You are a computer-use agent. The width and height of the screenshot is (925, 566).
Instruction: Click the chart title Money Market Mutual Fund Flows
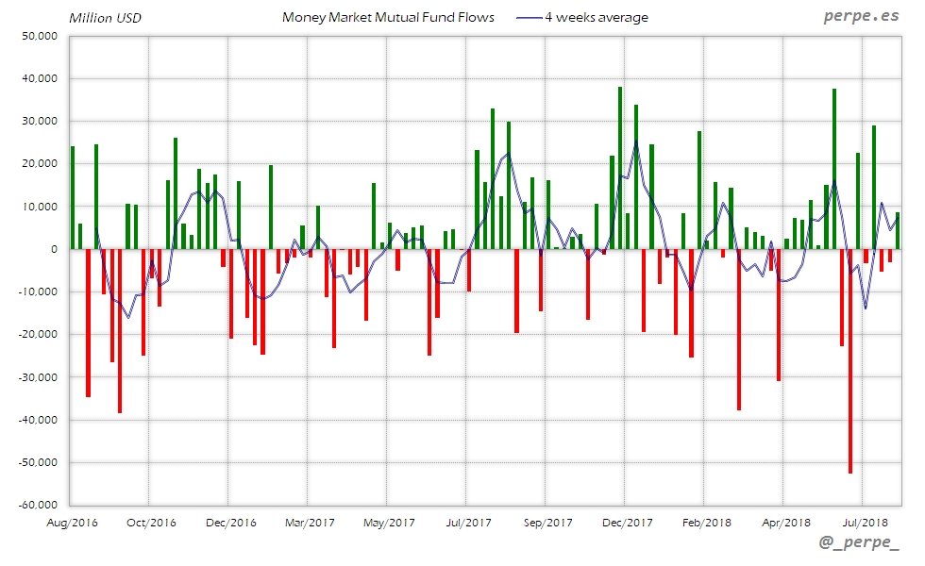(x=388, y=17)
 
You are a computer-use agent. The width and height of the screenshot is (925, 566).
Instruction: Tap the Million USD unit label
(x=105, y=18)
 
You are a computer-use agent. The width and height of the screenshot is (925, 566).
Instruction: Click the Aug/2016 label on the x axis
(x=72, y=522)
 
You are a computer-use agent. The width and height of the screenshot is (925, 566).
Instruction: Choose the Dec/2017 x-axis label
(x=627, y=522)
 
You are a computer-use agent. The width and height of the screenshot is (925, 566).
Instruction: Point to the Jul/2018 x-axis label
(x=865, y=522)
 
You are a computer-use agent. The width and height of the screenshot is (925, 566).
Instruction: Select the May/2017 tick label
(x=389, y=522)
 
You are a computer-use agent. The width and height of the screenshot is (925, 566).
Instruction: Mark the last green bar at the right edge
(x=897, y=231)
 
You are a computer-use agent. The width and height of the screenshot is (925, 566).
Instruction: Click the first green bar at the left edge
(x=73, y=197)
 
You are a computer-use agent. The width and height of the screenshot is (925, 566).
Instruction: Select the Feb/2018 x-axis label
(x=706, y=522)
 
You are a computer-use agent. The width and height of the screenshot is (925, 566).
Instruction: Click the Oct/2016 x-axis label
(x=151, y=522)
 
